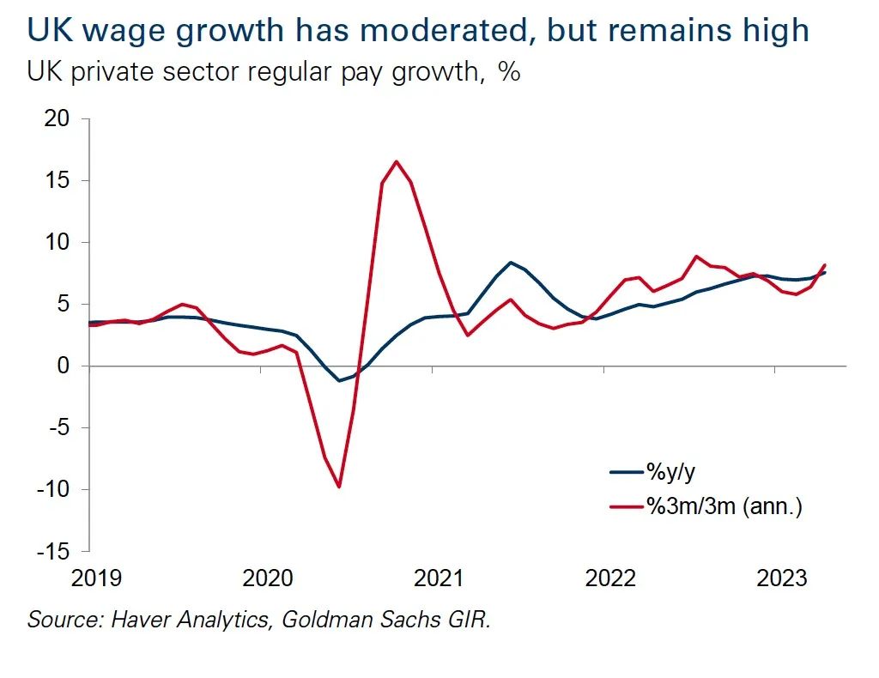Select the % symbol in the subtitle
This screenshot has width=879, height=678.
509,72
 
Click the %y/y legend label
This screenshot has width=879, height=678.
671,471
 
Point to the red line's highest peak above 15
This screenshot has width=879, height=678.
396,161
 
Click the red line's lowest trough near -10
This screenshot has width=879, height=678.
339,487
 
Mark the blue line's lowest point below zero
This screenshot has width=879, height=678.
339,380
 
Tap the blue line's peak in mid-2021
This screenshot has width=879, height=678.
511,263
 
